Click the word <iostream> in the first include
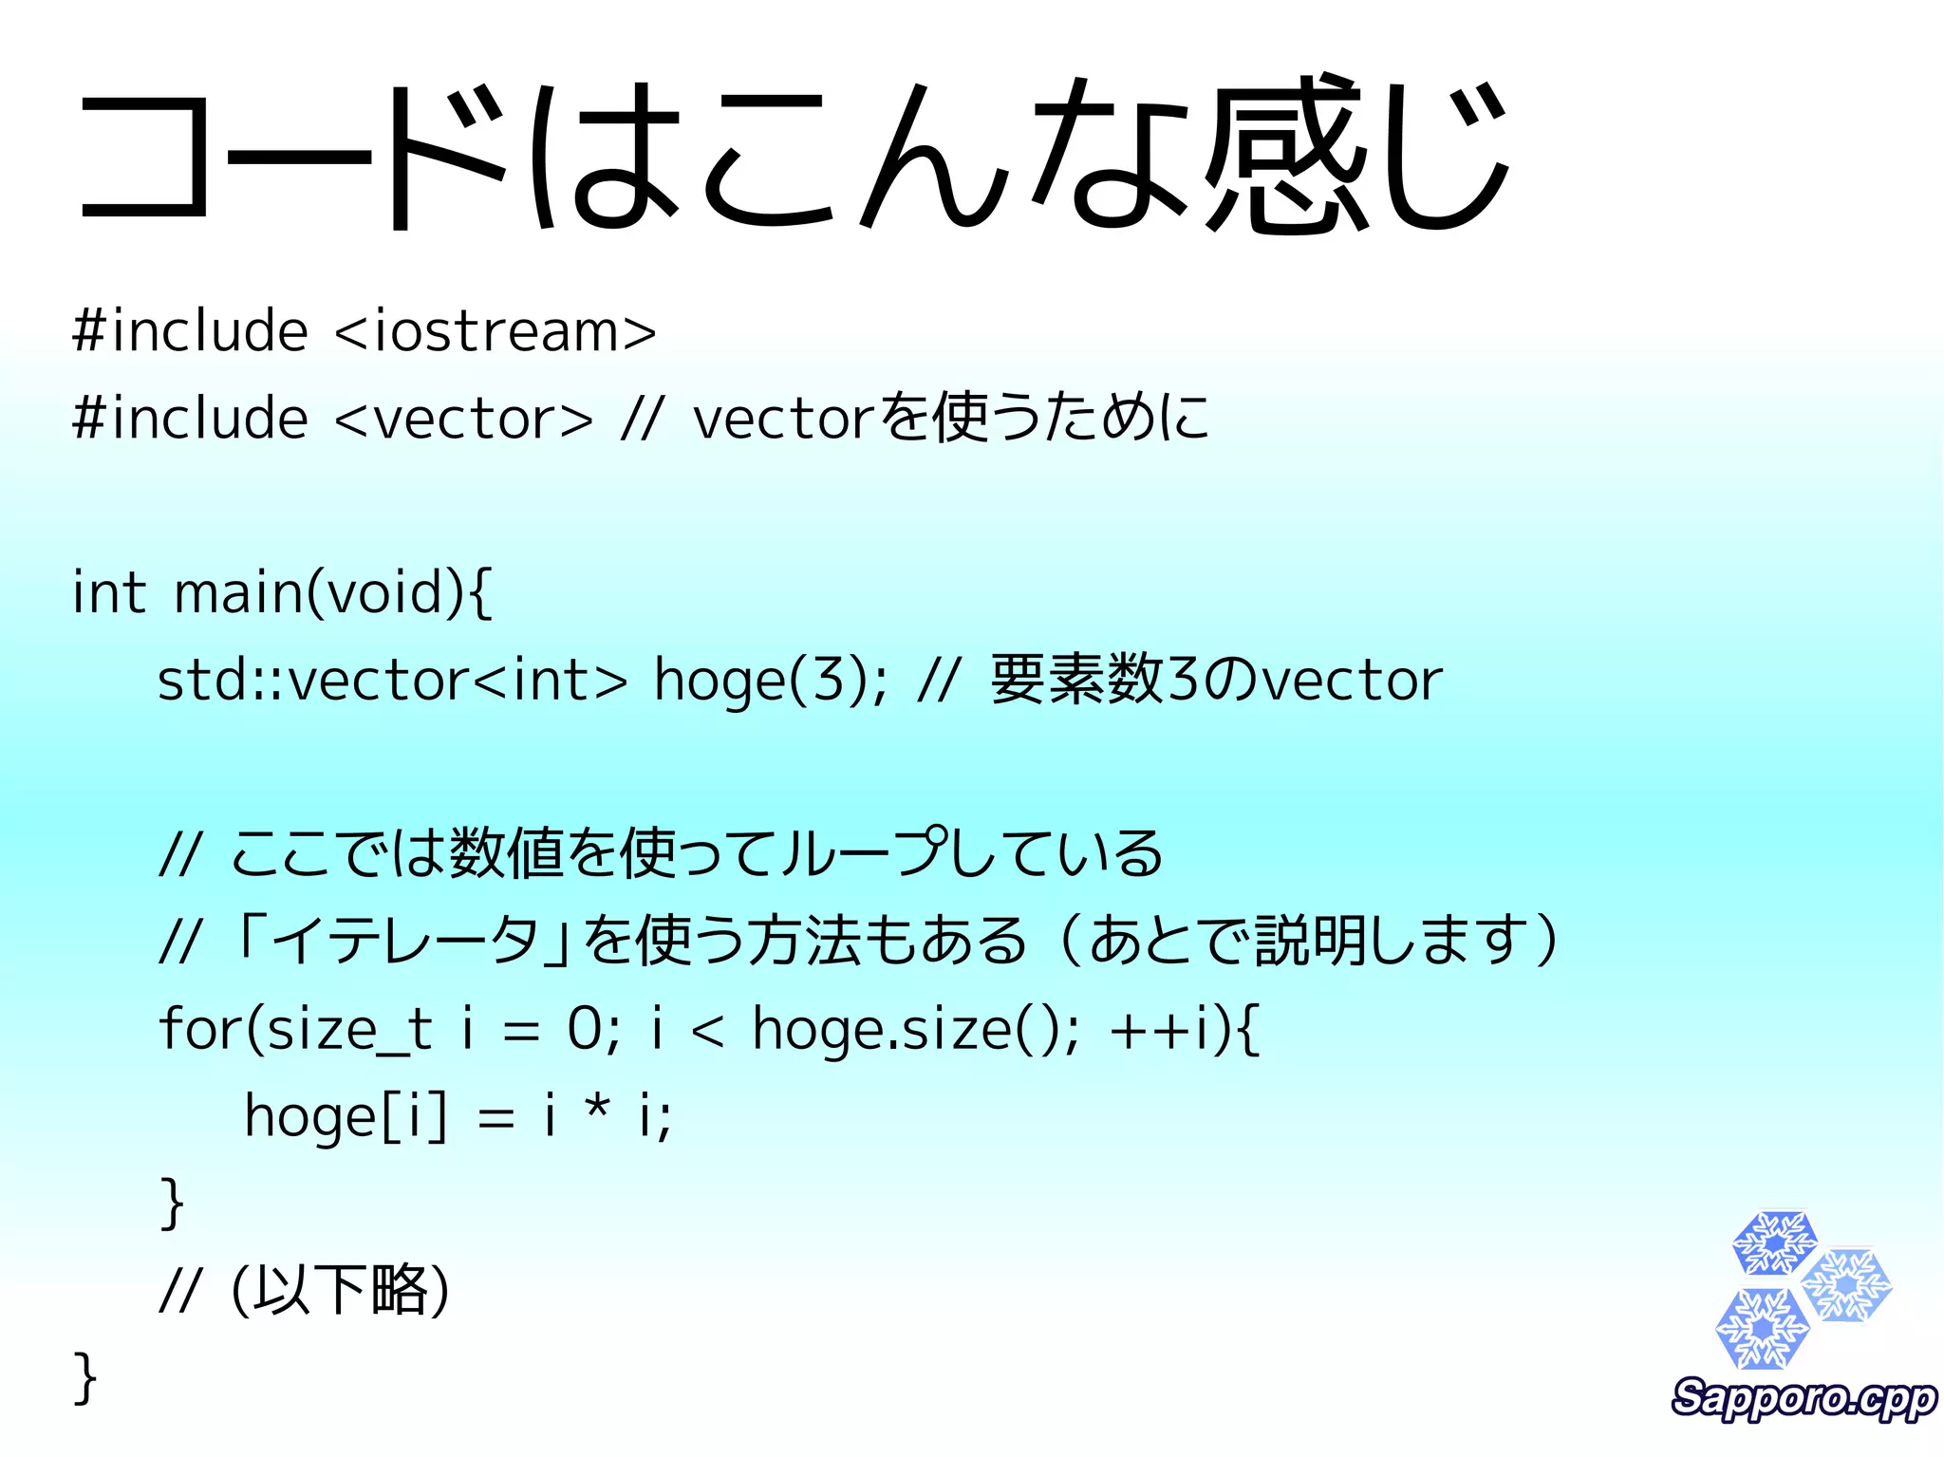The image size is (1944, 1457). click(495, 331)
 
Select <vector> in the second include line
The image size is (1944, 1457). click(464, 419)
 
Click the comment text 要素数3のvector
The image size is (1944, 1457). click(1216, 681)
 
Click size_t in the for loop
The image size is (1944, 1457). click(349, 1030)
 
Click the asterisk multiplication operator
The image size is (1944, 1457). click(597, 1109)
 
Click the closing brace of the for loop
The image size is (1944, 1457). click(172, 1203)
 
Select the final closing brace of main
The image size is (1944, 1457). click(84, 1376)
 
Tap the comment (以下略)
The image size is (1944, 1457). click(340, 1289)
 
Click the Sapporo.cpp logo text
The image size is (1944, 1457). click(1804, 1398)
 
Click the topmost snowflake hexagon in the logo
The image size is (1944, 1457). click(1774, 1242)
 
